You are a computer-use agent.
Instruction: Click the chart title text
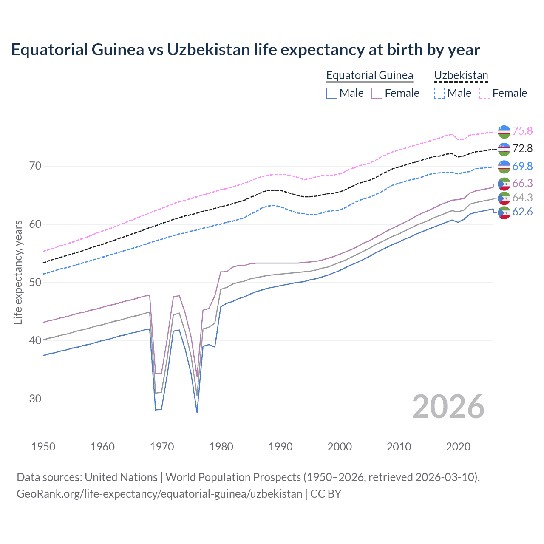[245, 50]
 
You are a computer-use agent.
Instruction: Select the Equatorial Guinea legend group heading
[369, 76]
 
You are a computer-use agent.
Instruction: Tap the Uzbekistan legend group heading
[461, 76]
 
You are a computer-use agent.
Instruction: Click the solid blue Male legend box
[332, 93]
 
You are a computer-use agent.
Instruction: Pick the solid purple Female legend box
[377, 93]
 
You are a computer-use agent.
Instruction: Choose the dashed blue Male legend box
[439, 93]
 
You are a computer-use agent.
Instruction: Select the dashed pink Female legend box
[485, 93]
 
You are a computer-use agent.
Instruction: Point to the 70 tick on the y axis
[35, 166]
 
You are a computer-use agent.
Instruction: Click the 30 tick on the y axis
[35, 399]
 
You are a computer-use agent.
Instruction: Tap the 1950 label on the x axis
[43, 447]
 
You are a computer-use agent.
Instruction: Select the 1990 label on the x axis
[280, 447]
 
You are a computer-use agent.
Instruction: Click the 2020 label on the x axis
[458, 447]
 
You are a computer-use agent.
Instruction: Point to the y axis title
[18, 272]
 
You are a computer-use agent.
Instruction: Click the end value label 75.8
[522, 131]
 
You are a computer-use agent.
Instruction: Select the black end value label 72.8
[522, 148]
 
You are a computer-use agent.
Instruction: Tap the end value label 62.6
[522, 212]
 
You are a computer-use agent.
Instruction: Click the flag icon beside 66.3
[504, 184]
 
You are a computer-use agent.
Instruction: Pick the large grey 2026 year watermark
[448, 407]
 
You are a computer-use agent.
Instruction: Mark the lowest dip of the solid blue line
[197, 412]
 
